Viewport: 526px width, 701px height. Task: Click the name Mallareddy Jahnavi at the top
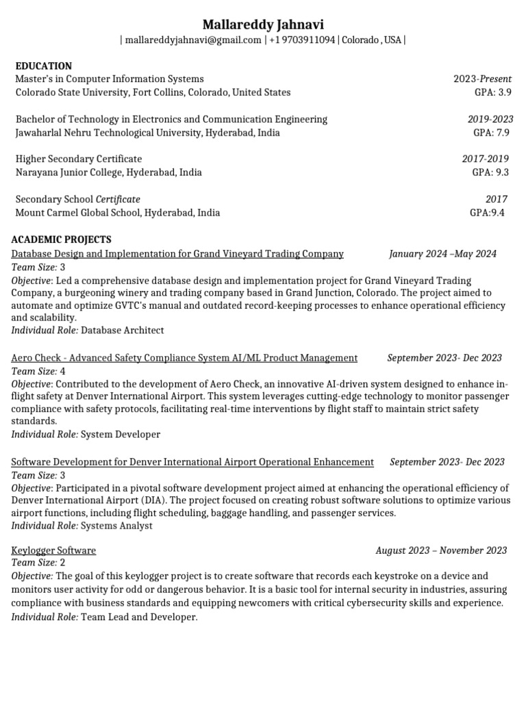tap(263, 25)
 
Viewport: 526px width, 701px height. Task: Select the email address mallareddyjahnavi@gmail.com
tap(193, 40)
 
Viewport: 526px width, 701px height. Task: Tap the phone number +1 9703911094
tap(302, 40)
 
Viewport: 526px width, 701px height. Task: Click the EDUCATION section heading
tap(43, 66)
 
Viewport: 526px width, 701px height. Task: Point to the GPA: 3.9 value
tap(493, 92)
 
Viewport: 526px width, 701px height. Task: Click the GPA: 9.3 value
tap(491, 173)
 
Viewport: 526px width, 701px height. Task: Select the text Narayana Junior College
tap(68, 173)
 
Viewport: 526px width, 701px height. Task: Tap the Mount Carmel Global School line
tap(117, 213)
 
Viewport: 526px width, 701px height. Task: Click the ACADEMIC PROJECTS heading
tap(61, 240)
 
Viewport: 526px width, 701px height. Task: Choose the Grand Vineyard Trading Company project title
tap(177, 254)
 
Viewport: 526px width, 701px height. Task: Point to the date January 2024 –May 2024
tap(442, 254)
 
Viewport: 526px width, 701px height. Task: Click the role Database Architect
tap(123, 331)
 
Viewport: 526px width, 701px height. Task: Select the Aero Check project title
tap(184, 358)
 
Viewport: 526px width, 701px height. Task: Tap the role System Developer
tap(121, 435)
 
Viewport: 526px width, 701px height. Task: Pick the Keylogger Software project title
tap(53, 550)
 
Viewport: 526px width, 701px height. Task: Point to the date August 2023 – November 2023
tap(441, 550)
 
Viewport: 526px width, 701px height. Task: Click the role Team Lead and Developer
tap(139, 617)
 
